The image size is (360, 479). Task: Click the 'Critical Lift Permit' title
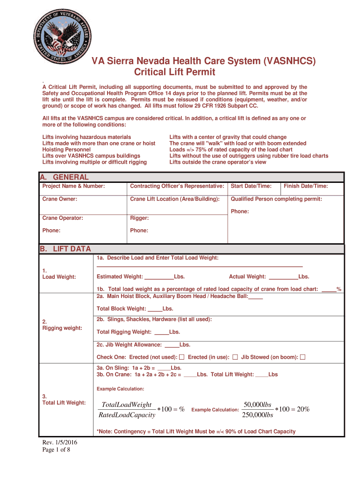coord(174,72)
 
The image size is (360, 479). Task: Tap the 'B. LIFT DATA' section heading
coord(65,249)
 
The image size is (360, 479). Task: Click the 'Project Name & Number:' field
coord(73,186)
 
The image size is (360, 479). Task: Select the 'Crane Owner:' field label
coord(60,199)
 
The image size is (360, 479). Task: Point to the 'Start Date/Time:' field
coord(251,186)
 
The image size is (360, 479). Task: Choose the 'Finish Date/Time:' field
coord(306,186)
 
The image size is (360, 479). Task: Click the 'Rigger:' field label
coord(139,218)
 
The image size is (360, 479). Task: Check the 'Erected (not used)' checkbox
coord(182,357)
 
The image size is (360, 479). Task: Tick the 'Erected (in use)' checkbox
coord(235,357)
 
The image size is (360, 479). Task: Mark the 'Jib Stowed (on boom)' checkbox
coord(302,357)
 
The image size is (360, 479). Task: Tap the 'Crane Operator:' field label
coord(63,218)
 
